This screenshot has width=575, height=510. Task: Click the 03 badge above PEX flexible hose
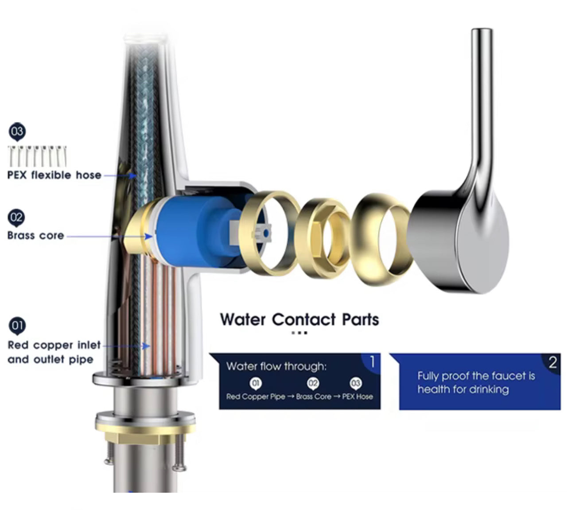point(17,132)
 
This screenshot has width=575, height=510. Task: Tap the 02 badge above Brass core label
point(17,218)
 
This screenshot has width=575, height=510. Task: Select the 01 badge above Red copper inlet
point(17,326)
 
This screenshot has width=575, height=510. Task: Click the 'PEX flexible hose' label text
point(54,175)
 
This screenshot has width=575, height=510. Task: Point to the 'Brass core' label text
point(35,235)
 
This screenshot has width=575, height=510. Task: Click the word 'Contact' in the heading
point(303,319)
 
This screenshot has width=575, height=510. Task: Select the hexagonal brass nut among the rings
point(322,238)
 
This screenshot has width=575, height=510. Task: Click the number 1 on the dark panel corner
point(372,362)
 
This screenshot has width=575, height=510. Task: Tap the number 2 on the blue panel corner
point(552,362)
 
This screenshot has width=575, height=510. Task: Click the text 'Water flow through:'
point(276,366)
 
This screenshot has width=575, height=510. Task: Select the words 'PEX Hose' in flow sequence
point(357,397)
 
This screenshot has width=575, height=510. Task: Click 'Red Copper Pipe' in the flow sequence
point(256,397)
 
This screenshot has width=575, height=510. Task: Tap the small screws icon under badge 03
point(38,156)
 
